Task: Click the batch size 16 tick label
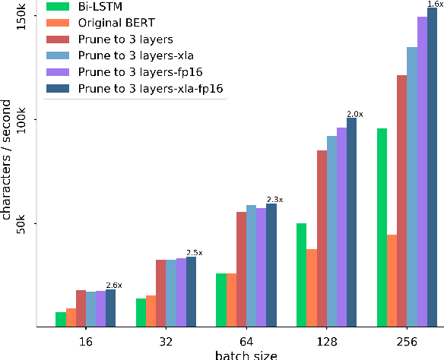click(85, 341)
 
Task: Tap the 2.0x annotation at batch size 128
click(355, 114)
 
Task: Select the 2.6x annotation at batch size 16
click(113, 285)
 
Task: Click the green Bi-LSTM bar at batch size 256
click(382, 228)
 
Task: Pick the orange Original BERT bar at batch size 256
click(392, 281)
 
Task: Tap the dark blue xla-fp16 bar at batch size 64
click(271, 265)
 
